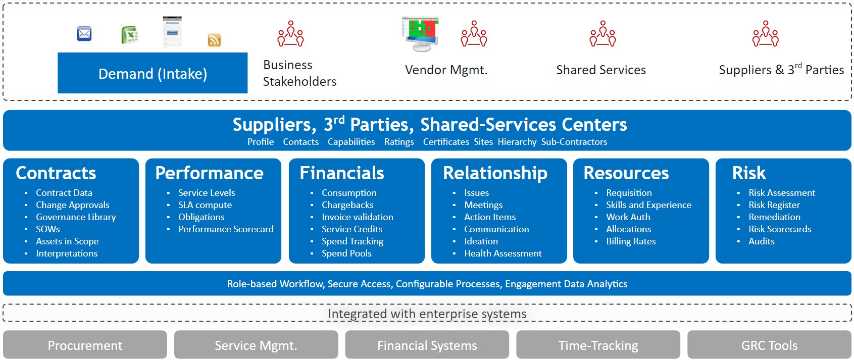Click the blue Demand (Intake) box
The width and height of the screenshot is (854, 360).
click(153, 73)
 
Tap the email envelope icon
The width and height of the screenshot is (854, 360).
click(84, 34)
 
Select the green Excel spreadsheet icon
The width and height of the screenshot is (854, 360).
click(130, 35)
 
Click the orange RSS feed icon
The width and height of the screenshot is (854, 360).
click(214, 40)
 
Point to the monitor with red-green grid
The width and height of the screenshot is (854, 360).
click(421, 34)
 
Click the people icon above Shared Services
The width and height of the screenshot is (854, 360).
click(602, 33)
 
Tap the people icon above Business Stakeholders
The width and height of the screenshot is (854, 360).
click(290, 33)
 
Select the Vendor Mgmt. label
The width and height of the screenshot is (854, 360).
click(446, 70)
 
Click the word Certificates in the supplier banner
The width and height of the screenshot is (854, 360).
click(446, 142)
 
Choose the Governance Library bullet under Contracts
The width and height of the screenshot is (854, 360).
click(76, 217)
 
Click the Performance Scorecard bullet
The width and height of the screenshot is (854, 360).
click(226, 229)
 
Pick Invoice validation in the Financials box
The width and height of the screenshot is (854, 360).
click(357, 217)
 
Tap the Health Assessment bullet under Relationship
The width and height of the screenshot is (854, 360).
click(503, 253)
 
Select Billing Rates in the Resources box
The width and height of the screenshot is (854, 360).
click(631, 241)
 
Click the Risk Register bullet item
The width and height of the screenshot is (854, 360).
click(774, 205)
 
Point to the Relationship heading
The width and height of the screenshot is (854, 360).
click(495, 173)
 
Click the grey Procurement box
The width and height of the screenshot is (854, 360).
click(85, 345)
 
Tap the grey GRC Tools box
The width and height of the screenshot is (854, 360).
click(769, 345)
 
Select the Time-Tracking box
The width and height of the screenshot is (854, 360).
click(598, 345)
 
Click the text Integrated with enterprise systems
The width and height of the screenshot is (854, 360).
click(427, 314)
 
